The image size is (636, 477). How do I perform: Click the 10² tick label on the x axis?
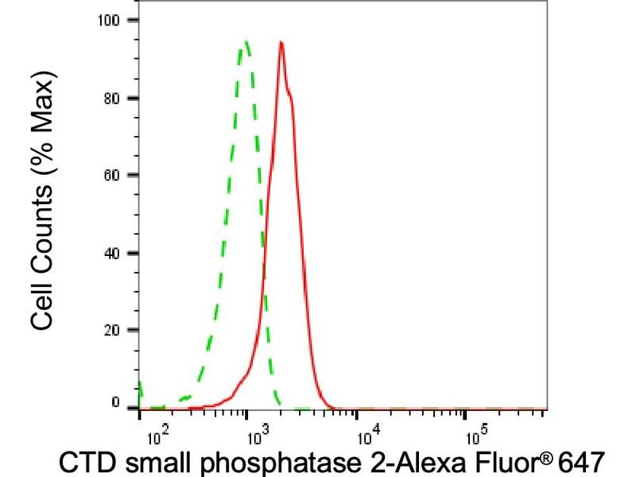[158, 435]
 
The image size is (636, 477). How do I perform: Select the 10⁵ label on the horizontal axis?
[475, 435]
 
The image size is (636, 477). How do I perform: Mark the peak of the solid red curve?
[281, 43]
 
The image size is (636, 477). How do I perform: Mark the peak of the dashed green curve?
[246, 41]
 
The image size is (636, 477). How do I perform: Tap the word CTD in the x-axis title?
[87, 462]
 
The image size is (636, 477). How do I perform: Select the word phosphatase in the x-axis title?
[263, 462]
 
